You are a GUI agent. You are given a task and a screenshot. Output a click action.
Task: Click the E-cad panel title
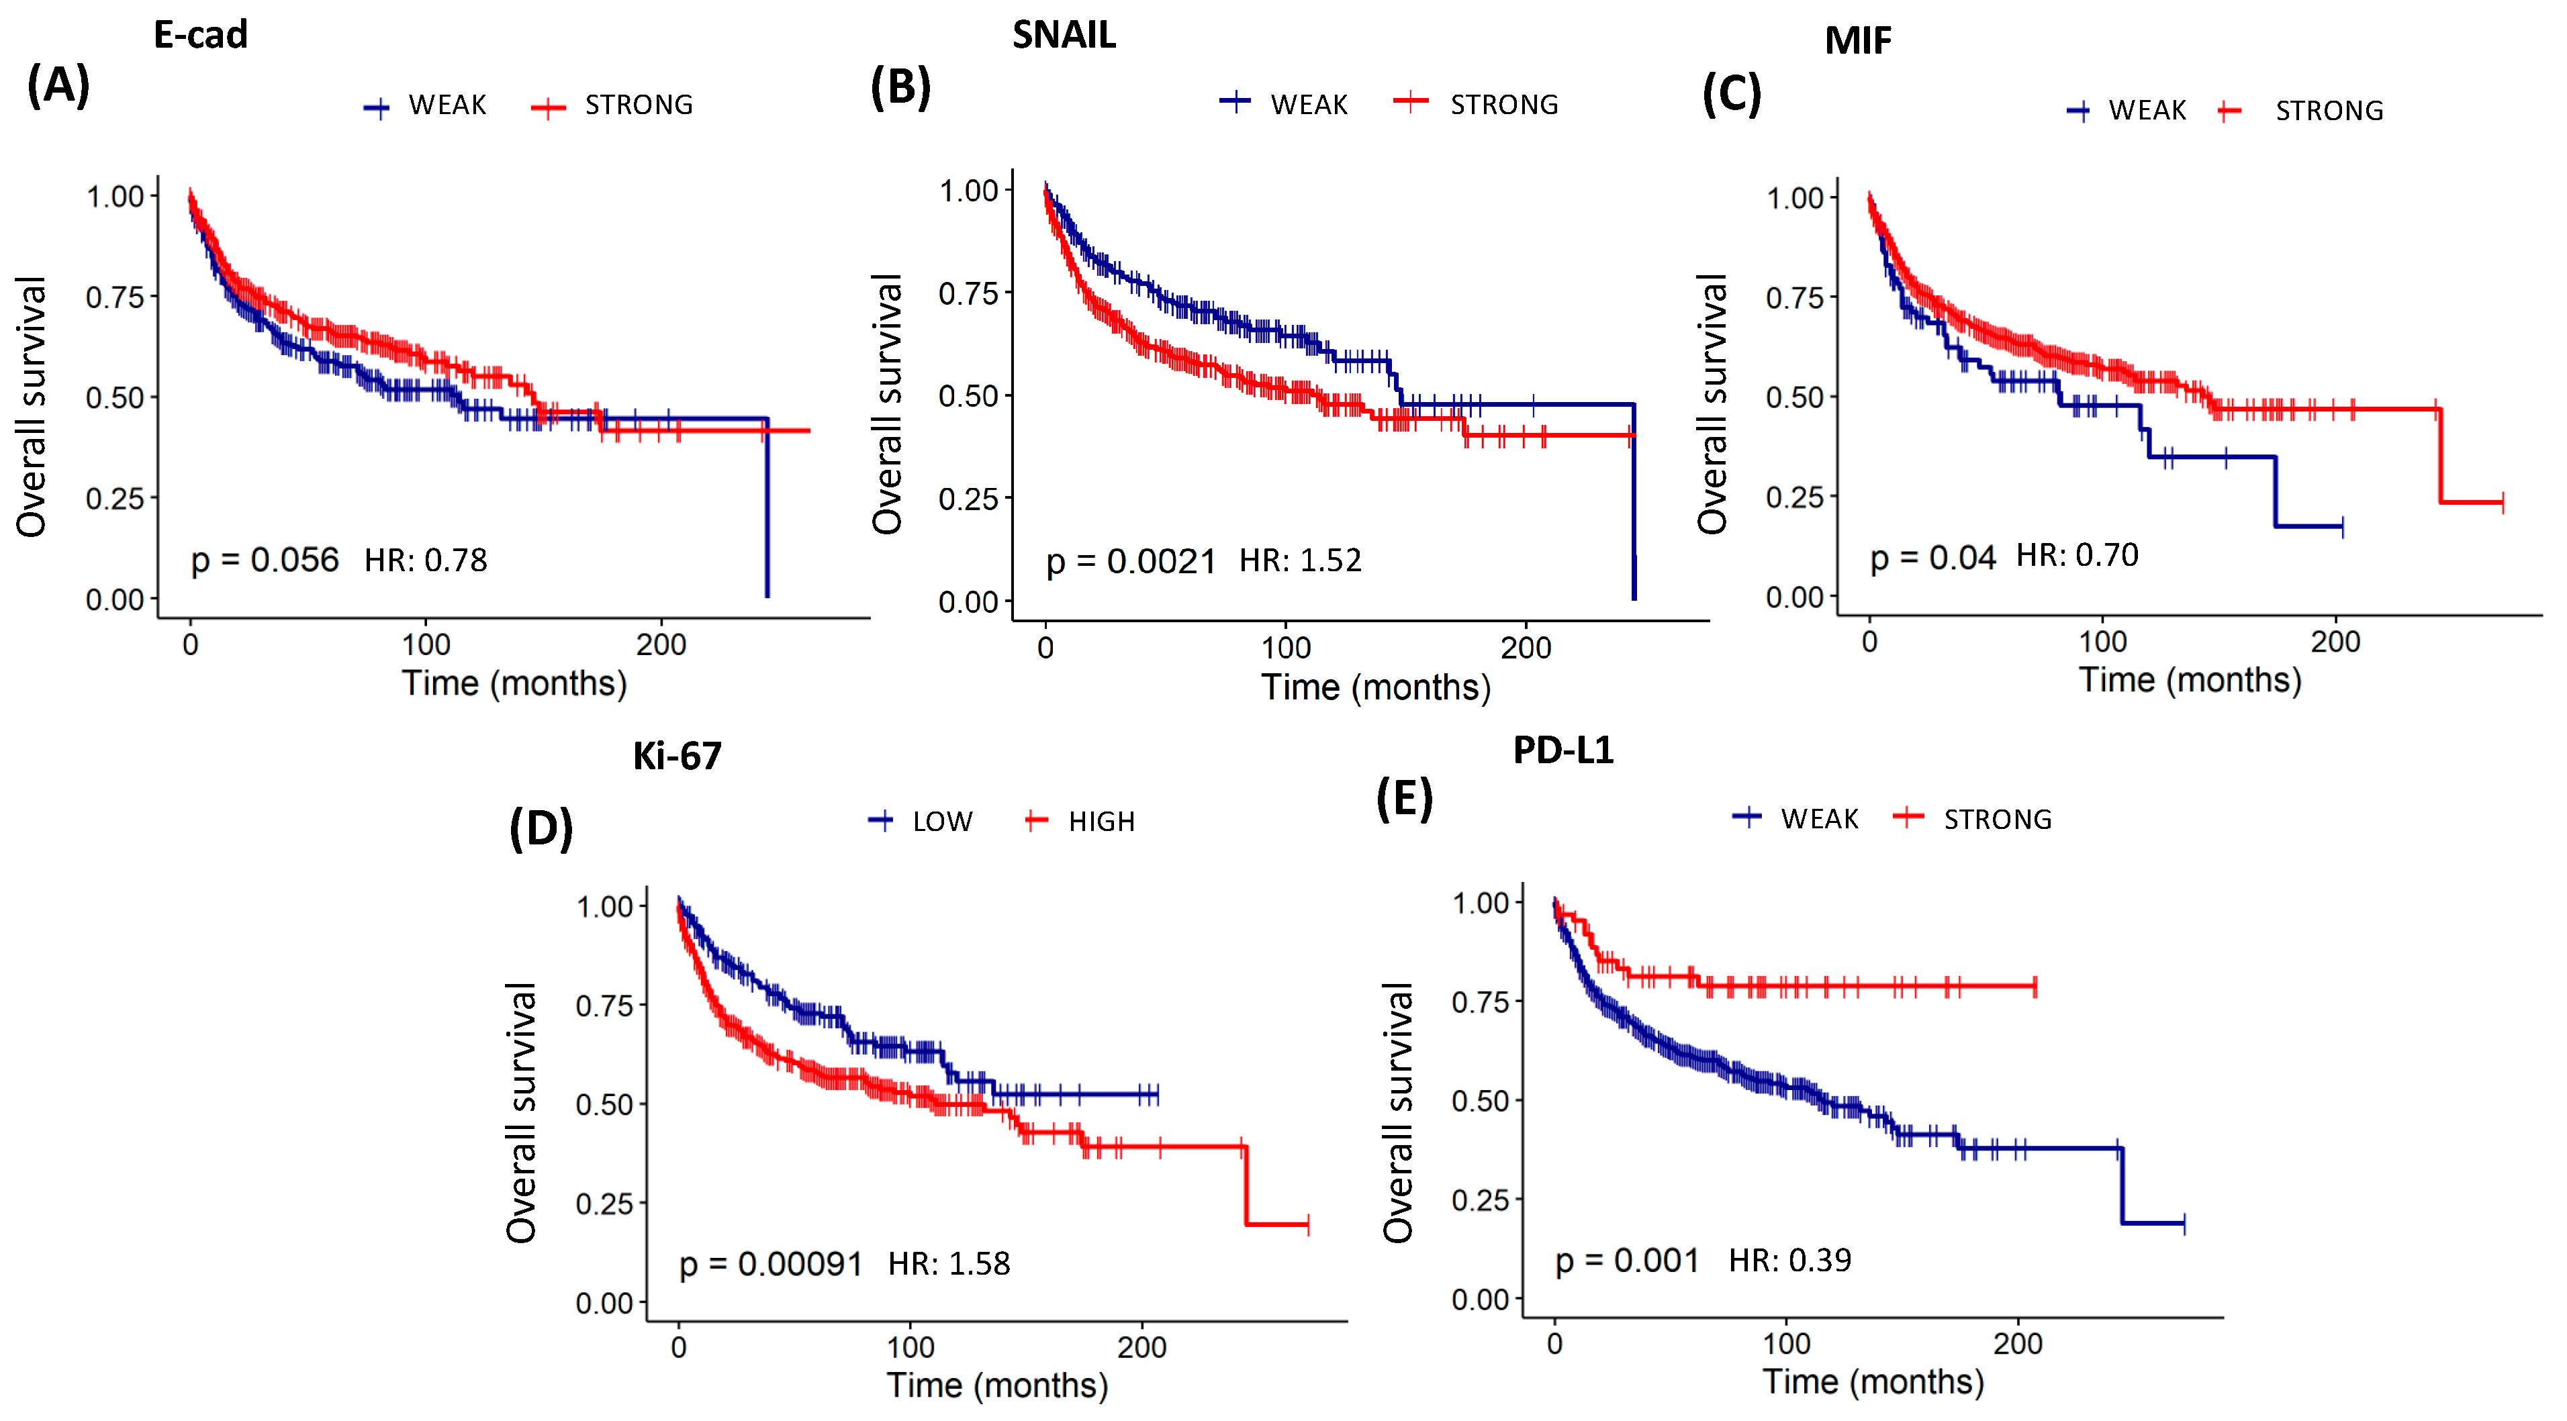(x=200, y=35)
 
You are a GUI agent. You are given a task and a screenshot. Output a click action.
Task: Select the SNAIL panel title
(x=1064, y=35)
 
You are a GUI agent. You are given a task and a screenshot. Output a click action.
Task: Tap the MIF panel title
(x=1857, y=41)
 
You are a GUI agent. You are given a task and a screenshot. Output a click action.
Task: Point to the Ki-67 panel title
(x=677, y=756)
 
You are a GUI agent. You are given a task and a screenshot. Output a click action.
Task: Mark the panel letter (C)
(x=1731, y=95)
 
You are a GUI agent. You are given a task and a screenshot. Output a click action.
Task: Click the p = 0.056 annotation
(x=265, y=560)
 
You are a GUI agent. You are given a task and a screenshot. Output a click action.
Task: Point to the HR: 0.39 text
(x=1789, y=1261)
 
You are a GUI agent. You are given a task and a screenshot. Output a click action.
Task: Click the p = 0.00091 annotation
(x=770, y=1263)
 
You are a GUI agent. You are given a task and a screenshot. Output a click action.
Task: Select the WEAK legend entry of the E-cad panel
(x=447, y=105)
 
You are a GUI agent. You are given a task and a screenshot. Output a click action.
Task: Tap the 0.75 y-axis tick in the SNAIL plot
(x=968, y=294)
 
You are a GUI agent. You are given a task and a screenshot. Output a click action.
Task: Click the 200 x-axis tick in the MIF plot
(x=2335, y=642)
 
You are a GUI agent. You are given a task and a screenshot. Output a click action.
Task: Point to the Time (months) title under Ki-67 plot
(x=998, y=1385)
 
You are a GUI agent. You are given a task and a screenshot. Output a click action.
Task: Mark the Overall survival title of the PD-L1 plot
(x=1398, y=1112)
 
